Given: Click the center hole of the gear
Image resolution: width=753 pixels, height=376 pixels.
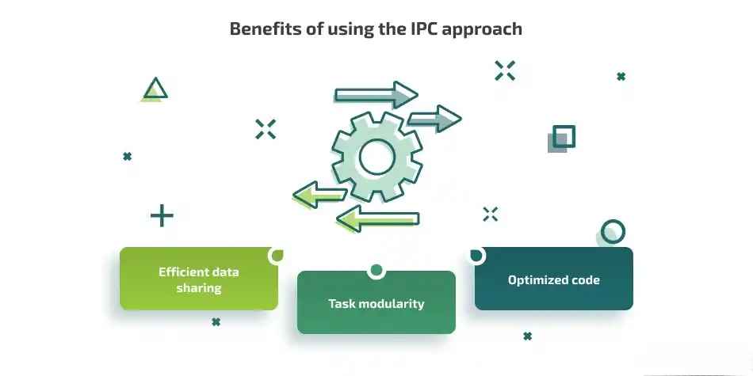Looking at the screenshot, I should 376,157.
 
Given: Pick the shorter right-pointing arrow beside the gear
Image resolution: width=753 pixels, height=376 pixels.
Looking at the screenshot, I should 434,120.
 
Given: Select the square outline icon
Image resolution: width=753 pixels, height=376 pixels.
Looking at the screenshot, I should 564,137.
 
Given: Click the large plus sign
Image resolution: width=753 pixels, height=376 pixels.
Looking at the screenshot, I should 162,215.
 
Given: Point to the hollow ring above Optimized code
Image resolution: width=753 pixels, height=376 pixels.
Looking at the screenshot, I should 613,231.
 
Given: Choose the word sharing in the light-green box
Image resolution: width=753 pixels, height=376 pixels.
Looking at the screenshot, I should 199,288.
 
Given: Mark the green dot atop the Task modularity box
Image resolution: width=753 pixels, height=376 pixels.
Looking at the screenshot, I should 376,271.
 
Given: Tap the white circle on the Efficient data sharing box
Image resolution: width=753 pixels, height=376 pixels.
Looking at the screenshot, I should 277,255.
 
